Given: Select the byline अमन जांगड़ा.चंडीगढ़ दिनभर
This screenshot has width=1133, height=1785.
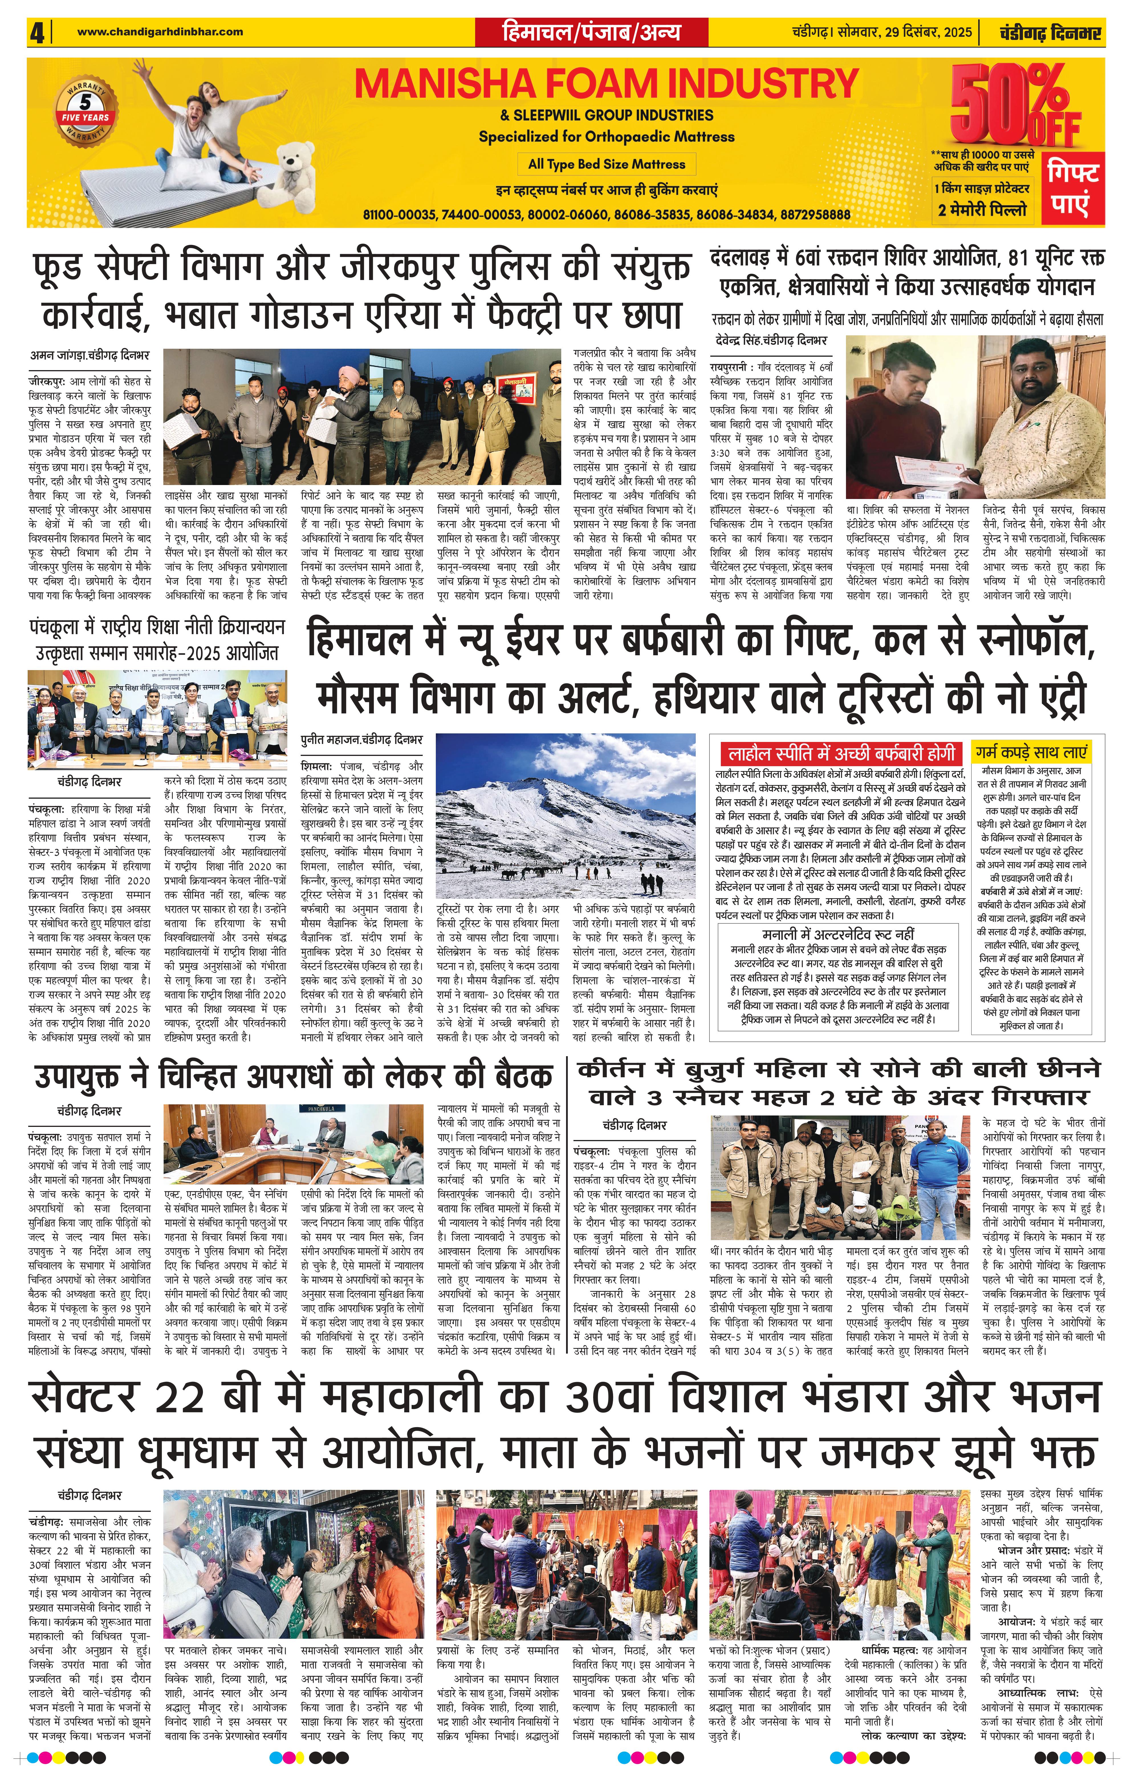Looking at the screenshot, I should pos(90,355).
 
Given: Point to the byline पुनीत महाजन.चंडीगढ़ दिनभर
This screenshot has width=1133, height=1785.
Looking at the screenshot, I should pos(362,740).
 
